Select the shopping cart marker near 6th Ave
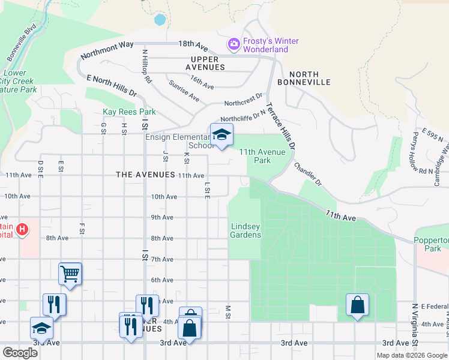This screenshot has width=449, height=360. [70, 274]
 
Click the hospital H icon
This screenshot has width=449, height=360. [22, 229]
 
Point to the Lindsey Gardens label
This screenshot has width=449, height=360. [246, 230]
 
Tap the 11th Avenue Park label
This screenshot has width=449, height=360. [263, 156]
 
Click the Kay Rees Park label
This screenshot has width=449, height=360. [129, 112]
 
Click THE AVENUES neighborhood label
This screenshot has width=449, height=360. [144, 175]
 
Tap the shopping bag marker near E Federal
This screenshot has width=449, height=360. [357, 305]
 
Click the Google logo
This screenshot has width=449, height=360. [20, 353]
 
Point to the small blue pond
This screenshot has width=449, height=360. [160, 19]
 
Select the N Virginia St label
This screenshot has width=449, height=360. [414, 324]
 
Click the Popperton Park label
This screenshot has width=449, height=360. [432, 244]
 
